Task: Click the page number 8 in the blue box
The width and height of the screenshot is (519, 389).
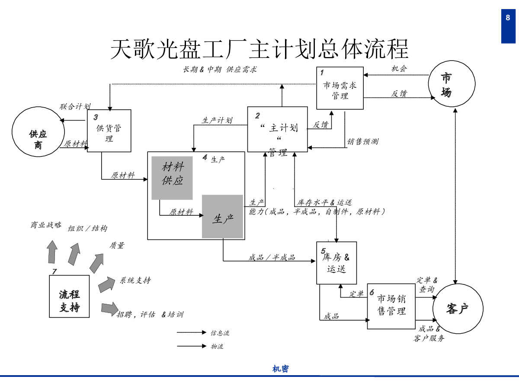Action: pos(508,18)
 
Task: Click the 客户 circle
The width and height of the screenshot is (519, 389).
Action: pos(458,309)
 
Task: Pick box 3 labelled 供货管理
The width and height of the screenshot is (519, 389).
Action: pos(109,131)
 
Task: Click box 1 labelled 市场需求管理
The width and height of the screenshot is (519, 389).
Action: pos(340,88)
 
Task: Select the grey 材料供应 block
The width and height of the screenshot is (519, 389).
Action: pos(172,178)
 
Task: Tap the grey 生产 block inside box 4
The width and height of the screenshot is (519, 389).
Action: pos(222,217)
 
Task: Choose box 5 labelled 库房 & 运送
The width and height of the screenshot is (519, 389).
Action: pos(336,263)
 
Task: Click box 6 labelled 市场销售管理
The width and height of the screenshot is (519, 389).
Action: pos(391,306)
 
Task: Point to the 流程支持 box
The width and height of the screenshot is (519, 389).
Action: pos(69,297)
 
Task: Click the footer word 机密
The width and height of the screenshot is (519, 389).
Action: pos(280,369)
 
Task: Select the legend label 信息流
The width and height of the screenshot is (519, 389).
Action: pos(220,333)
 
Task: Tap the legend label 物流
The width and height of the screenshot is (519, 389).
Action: pos(217,347)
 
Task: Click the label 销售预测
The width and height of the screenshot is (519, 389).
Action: pos(362,141)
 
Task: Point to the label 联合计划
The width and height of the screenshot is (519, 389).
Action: pos(75,106)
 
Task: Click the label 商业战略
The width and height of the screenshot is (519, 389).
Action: pos(46,225)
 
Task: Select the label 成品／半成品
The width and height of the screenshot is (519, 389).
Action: pos(272,258)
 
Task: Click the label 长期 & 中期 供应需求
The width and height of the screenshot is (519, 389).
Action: pos(220,69)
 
